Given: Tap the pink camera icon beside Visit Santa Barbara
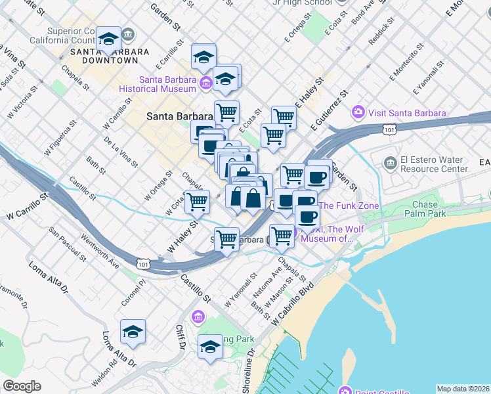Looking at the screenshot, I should (358, 112).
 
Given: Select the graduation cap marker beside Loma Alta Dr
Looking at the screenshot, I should (133, 332).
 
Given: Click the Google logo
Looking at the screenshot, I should (22, 386).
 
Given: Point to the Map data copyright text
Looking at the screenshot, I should (463, 389).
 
